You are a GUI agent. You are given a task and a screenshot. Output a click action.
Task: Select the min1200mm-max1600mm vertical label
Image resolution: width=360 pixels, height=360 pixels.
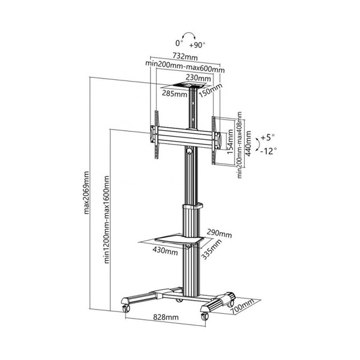point(106,219)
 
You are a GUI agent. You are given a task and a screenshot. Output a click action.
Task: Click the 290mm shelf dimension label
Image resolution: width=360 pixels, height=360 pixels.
point(220,233)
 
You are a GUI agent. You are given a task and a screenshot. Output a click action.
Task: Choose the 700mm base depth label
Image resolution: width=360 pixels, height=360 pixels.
point(242,308)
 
